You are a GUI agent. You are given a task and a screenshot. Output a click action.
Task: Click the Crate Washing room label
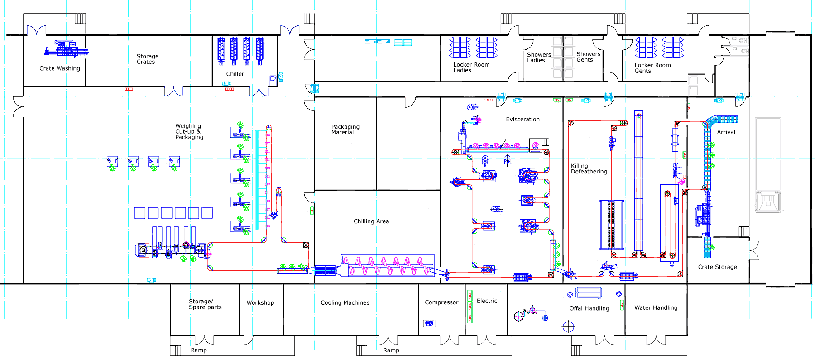(59, 68)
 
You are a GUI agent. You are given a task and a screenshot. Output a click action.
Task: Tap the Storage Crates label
(147, 59)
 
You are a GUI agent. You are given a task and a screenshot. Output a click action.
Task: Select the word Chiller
(235, 74)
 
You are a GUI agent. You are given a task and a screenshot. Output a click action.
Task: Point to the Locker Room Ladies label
(471, 67)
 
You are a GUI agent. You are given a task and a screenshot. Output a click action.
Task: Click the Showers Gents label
(588, 57)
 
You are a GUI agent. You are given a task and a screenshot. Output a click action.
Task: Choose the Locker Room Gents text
(652, 68)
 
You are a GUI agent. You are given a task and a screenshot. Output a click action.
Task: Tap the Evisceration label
(523, 120)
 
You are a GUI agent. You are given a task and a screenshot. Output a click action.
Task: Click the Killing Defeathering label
(589, 169)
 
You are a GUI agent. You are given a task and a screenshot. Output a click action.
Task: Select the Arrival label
(726, 132)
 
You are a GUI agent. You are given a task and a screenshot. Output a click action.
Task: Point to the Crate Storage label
(717, 267)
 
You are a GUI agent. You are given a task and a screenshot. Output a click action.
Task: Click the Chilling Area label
(371, 221)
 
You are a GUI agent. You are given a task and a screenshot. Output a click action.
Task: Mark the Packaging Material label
(345, 130)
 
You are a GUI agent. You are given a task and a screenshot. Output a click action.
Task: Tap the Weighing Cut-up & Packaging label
(189, 132)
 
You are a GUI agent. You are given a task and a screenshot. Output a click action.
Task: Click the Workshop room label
(260, 303)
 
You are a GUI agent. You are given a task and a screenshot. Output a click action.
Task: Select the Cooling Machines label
(345, 303)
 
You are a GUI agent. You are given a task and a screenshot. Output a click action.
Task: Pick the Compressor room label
(441, 302)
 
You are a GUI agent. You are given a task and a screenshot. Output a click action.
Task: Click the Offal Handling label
(589, 308)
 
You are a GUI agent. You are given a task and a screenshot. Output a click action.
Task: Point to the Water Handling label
(656, 308)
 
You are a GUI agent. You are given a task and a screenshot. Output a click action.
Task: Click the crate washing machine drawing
(66, 48)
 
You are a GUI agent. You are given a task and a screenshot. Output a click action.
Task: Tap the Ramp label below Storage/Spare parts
(198, 350)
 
